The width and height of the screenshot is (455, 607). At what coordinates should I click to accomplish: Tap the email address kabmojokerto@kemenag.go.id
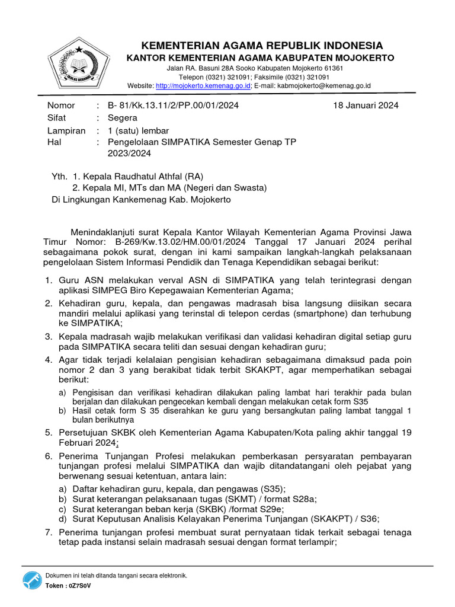[x=325, y=85]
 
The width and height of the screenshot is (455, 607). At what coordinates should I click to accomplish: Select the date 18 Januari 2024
[x=366, y=106]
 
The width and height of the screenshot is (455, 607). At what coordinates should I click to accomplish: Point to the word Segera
[x=122, y=118]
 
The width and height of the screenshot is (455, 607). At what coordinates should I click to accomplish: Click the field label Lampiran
[x=66, y=130]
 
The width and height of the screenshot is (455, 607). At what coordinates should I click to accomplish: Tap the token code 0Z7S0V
[x=80, y=586]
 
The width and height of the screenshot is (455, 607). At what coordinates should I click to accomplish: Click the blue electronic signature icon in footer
[x=33, y=580]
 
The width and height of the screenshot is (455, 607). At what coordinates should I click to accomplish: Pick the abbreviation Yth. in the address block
[x=60, y=175]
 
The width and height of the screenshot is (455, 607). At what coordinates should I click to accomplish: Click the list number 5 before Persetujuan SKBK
[x=49, y=433]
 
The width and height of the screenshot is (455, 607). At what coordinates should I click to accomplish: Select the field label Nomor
[x=61, y=106]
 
